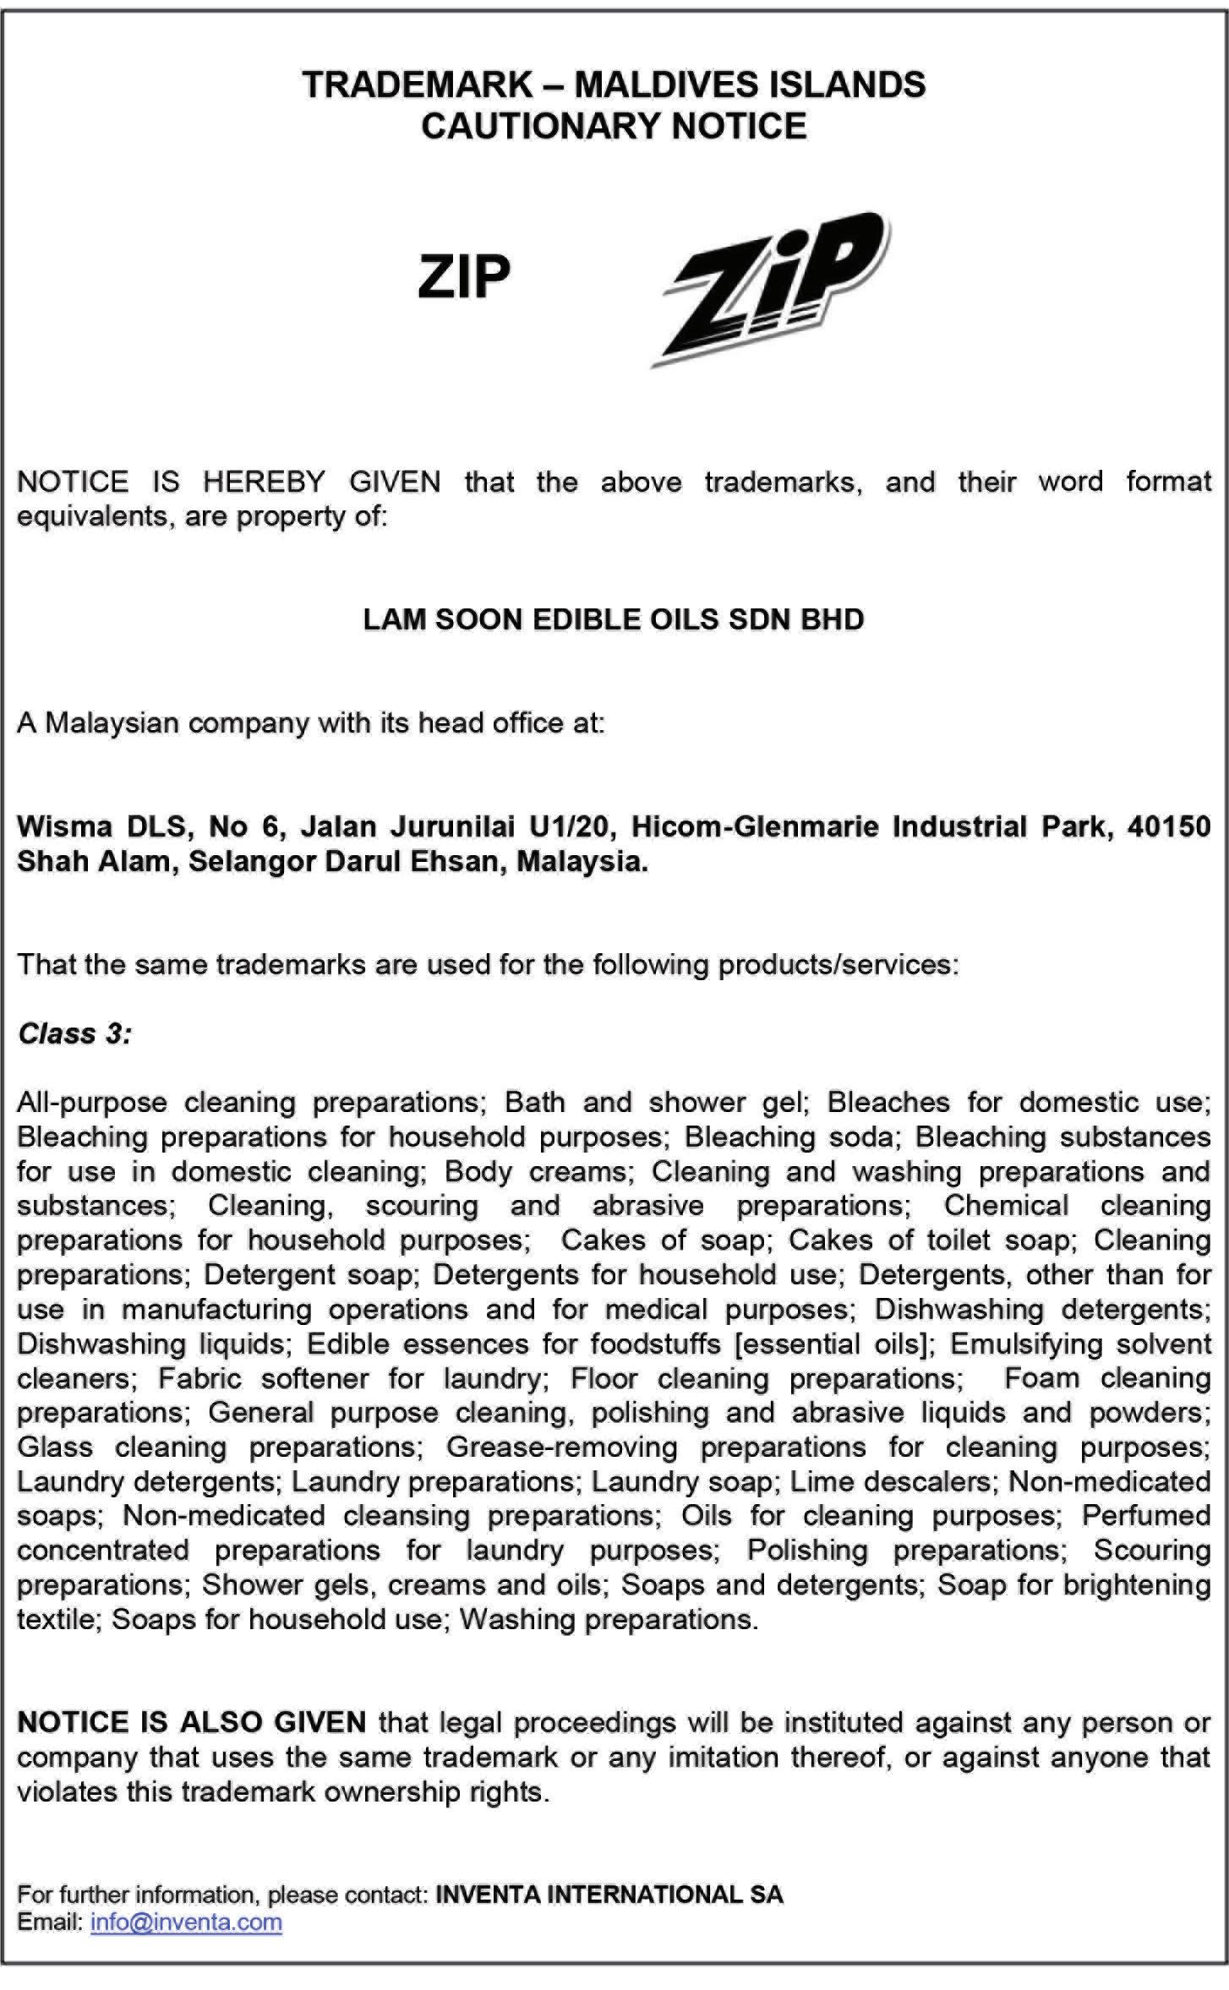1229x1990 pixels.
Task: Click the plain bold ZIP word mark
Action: (x=464, y=277)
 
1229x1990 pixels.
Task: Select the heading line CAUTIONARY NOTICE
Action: (x=614, y=126)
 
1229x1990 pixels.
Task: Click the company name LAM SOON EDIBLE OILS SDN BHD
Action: (x=614, y=619)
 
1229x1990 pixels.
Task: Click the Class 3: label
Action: (x=74, y=1033)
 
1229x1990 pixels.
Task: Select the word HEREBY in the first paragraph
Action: (x=264, y=482)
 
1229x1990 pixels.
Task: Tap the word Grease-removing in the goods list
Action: (x=562, y=1448)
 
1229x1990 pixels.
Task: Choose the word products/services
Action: (x=838, y=964)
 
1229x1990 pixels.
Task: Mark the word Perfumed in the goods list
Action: (x=1146, y=1516)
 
